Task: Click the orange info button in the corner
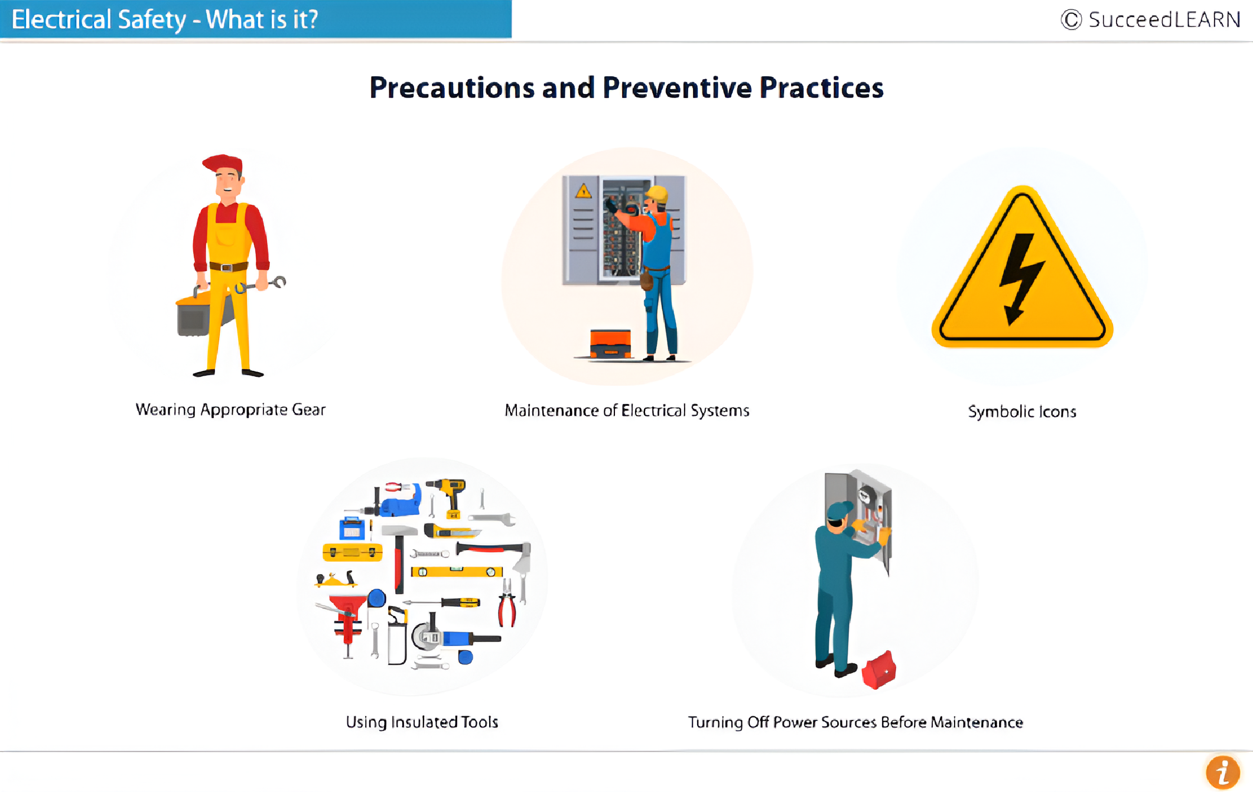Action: (x=1222, y=773)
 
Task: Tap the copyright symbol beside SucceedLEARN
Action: (x=1071, y=19)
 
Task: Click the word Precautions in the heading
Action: (x=452, y=88)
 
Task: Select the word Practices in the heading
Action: (x=821, y=88)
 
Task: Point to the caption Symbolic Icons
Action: (x=1022, y=412)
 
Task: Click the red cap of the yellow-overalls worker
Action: (x=223, y=164)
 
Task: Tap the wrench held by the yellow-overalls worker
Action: (x=260, y=286)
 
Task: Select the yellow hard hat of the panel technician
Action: (x=658, y=194)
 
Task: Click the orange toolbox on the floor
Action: (x=610, y=343)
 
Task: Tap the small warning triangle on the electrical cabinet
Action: (x=583, y=190)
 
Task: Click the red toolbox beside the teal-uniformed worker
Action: (x=879, y=670)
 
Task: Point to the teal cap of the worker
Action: (x=839, y=510)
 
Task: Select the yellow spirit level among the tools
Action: (x=457, y=571)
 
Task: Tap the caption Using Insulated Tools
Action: (x=422, y=722)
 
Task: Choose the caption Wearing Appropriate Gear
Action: (x=230, y=410)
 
